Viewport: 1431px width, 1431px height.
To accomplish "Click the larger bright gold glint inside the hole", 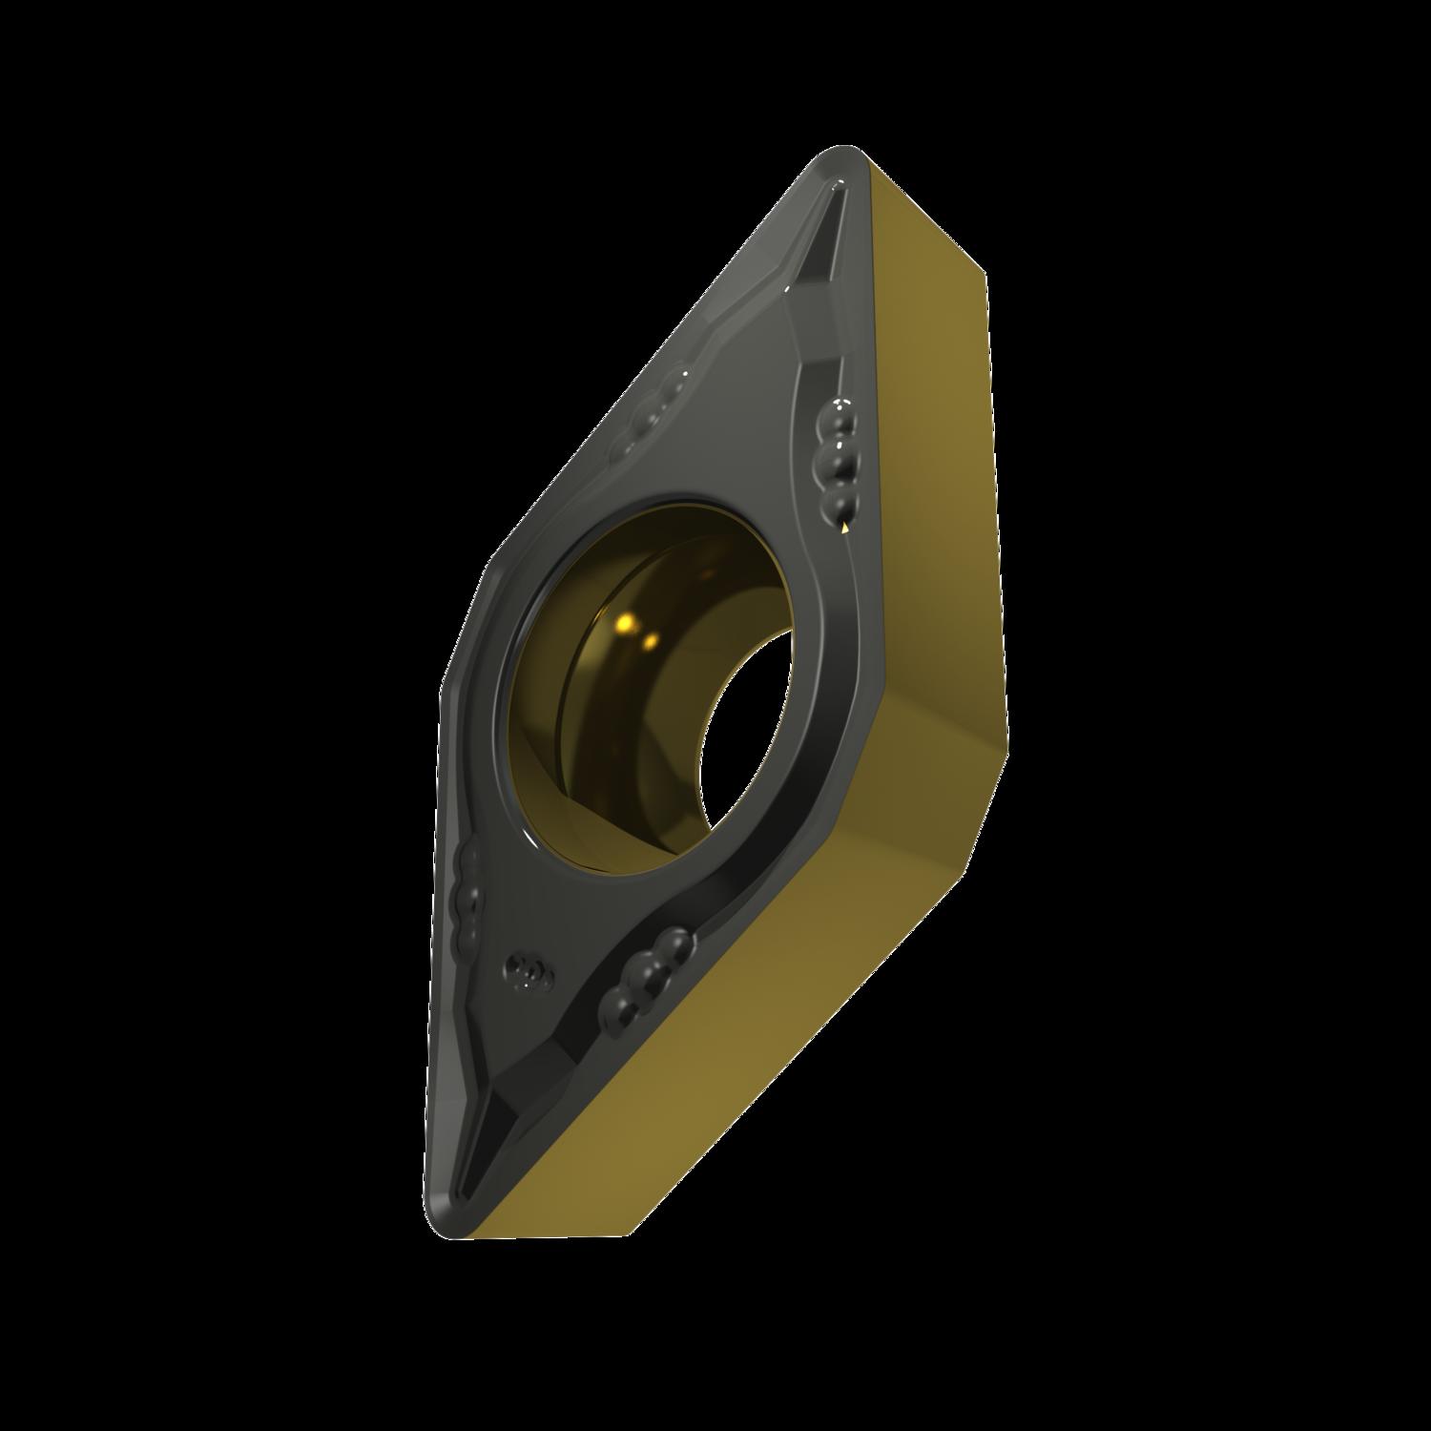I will tap(626, 624).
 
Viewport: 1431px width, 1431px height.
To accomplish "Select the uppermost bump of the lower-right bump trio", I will tap(675, 944).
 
